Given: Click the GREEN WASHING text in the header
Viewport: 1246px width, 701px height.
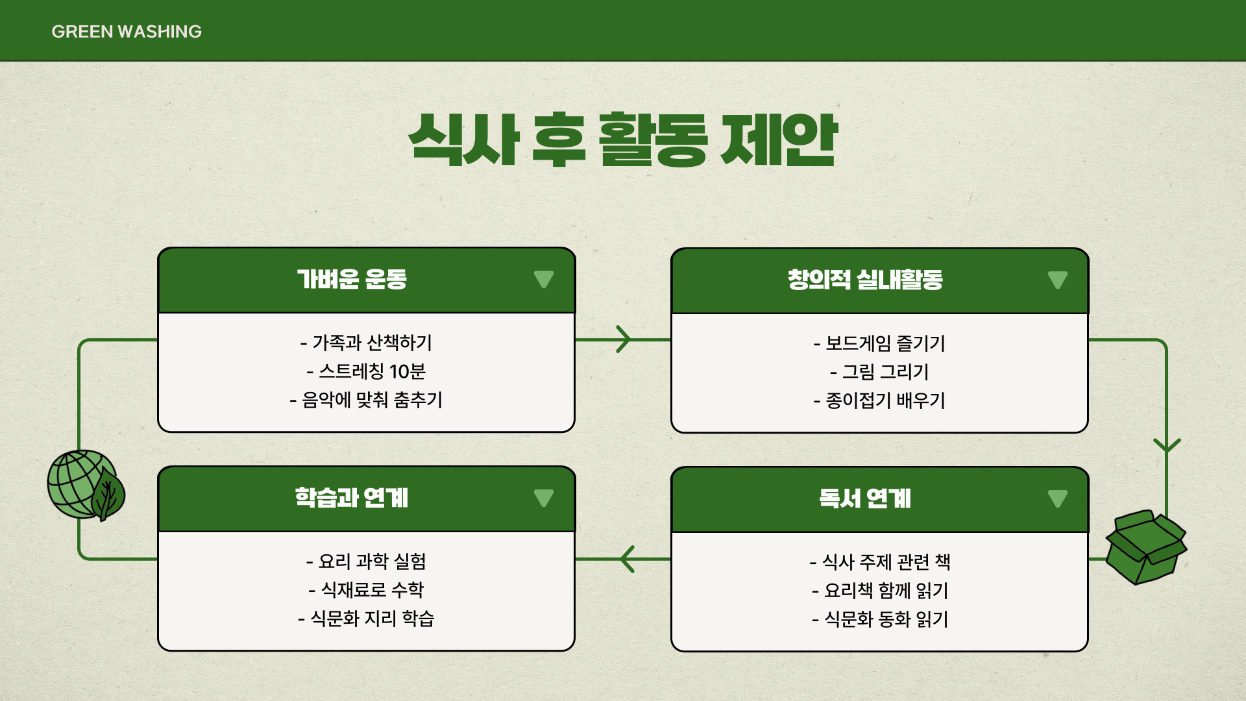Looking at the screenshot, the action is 127,31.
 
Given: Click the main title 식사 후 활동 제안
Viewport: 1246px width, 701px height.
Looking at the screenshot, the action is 623,140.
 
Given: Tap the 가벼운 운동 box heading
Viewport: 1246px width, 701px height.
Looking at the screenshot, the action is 352,279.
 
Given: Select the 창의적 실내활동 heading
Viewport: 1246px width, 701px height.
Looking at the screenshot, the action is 865,280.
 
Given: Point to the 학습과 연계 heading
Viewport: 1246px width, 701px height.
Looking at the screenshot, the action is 352,498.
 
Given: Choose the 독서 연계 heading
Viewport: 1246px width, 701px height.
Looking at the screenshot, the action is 865,498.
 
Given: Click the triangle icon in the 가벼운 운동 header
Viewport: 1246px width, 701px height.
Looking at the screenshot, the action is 543,279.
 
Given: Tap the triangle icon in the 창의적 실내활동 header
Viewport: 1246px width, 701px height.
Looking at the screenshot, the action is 1057,280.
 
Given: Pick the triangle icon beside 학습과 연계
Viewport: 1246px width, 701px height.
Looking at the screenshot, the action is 543,498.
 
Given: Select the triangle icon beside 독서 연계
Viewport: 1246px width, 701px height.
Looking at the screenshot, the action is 1057,498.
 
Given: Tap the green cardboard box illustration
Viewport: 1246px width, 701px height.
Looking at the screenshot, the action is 1145,547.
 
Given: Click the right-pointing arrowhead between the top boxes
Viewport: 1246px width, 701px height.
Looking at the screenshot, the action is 624,339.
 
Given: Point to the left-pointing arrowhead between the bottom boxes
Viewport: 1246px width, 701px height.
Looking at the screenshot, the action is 627,559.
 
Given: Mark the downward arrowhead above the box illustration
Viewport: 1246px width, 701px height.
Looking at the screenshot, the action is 1166,445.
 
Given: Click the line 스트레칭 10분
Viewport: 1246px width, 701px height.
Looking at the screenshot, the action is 366,371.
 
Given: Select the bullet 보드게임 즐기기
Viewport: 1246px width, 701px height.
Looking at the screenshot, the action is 879,343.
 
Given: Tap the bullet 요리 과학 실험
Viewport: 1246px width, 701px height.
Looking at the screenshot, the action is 366,561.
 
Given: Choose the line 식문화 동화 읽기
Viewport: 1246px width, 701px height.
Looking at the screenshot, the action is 879,619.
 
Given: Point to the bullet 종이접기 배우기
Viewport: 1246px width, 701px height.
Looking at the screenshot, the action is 879,400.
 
